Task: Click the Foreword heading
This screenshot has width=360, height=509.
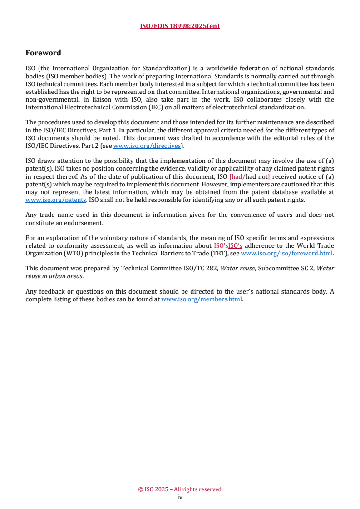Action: [x=44, y=53]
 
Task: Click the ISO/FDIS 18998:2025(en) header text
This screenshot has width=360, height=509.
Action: [x=180, y=26]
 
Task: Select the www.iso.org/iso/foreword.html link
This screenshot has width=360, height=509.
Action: [x=287, y=254]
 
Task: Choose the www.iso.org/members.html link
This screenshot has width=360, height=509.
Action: [x=202, y=299]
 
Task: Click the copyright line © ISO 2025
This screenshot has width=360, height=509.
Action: [x=180, y=489]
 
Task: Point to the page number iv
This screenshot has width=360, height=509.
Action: [x=180, y=497]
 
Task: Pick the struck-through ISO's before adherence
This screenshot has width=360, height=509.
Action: [x=221, y=246]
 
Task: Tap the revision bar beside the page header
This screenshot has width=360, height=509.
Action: [x=12, y=34]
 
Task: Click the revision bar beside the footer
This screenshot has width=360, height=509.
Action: [x=12, y=483]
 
